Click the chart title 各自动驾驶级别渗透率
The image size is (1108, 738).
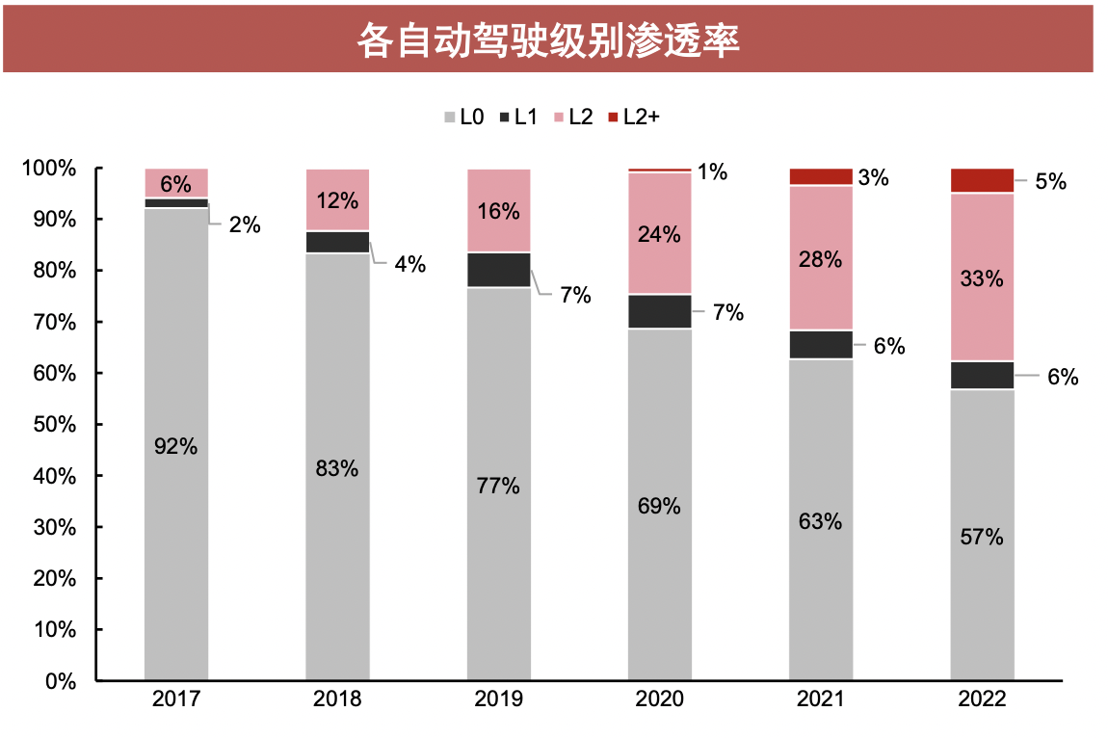coord(547,42)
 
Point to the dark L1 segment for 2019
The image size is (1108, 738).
coord(498,270)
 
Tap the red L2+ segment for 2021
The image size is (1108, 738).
coord(821,177)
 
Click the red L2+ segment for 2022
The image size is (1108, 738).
coord(982,181)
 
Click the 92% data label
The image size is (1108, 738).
coord(176,446)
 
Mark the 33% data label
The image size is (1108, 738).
coord(982,279)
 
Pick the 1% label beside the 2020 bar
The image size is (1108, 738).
coord(712,172)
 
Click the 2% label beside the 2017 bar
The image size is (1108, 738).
coord(246,224)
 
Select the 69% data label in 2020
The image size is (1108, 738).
coord(660,505)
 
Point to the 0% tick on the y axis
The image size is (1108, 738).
coord(62,681)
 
